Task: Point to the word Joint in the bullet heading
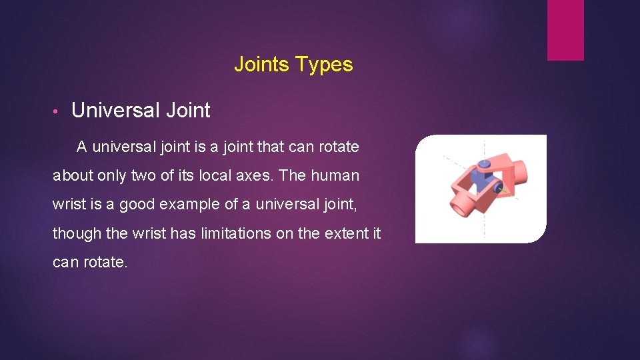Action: (x=189, y=110)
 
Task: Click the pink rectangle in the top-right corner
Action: (x=565, y=30)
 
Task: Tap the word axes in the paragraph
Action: (x=253, y=175)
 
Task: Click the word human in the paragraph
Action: (x=335, y=175)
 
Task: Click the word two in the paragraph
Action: (x=132, y=175)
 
